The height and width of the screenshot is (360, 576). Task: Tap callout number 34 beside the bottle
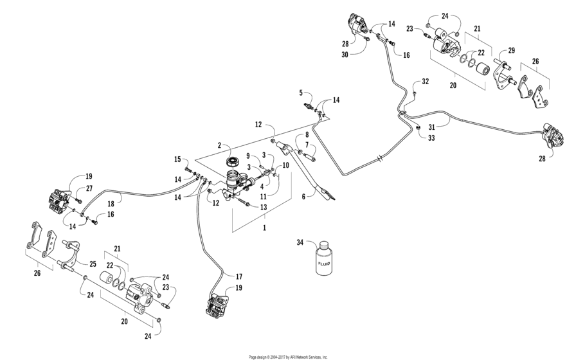point(300,242)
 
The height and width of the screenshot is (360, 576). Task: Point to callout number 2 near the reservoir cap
point(219,145)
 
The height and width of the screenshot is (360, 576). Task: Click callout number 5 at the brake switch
point(301,93)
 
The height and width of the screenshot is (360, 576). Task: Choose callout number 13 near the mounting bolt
point(264,207)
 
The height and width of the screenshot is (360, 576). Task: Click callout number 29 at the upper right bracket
point(512,50)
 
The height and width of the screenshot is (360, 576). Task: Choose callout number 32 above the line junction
point(425,82)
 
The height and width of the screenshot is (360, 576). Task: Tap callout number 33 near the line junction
point(430,137)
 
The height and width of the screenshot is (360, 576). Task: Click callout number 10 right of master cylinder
point(286,165)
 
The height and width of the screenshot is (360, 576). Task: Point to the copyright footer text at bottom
point(288,356)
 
